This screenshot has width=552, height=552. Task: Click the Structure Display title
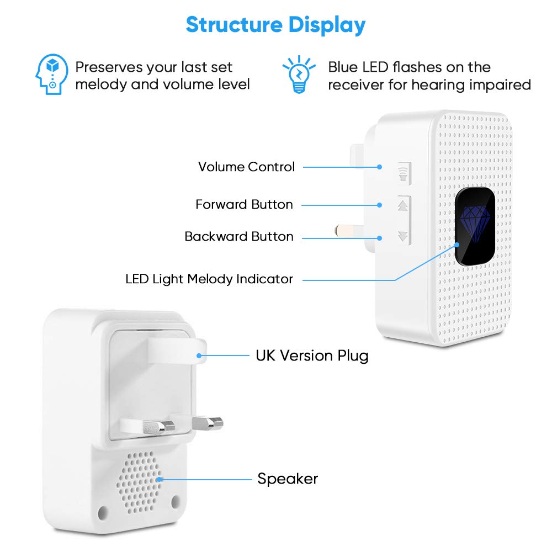[x=275, y=25]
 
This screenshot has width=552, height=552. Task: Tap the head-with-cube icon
[x=52, y=75]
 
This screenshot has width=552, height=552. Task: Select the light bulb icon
[x=298, y=75]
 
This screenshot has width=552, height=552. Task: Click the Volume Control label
[x=246, y=167]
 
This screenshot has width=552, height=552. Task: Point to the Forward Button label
[x=244, y=204]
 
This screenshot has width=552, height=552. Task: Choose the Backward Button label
[x=238, y=236]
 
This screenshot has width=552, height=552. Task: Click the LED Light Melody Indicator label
[x=209, y=279]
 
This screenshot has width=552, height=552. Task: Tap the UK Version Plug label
[x=312, y=355]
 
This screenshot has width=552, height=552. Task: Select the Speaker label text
[x=288, y=479]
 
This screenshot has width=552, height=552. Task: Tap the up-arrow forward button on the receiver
[x=403, y=205]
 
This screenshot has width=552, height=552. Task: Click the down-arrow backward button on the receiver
[x=403, y=236]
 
